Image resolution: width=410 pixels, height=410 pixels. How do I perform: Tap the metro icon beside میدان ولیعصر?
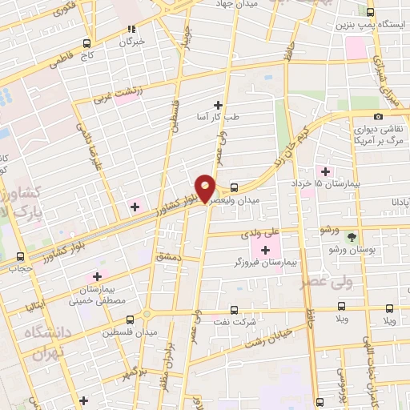click(233, 188)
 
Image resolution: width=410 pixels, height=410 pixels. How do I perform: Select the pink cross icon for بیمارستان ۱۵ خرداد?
click(325, 171)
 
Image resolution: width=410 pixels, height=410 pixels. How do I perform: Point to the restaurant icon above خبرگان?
click(131, 28)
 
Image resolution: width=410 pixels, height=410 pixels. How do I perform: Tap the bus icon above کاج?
click(86, 43)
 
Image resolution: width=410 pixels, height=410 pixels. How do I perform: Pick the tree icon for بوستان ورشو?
click(351, 237)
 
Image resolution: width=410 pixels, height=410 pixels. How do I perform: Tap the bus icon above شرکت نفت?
click(234, 308)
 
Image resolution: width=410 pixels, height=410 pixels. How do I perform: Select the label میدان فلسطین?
click(132, 331)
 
